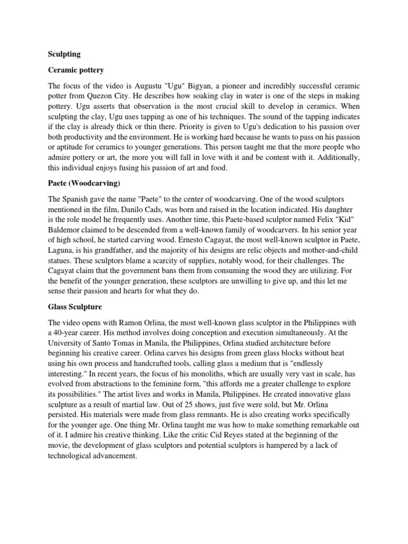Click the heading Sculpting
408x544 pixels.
click(x=64, y=54)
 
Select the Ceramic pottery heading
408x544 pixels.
click(x=76, y=70)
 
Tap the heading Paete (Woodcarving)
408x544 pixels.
click(x=84, y=184)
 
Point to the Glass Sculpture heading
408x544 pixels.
click(x=75, y=308)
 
